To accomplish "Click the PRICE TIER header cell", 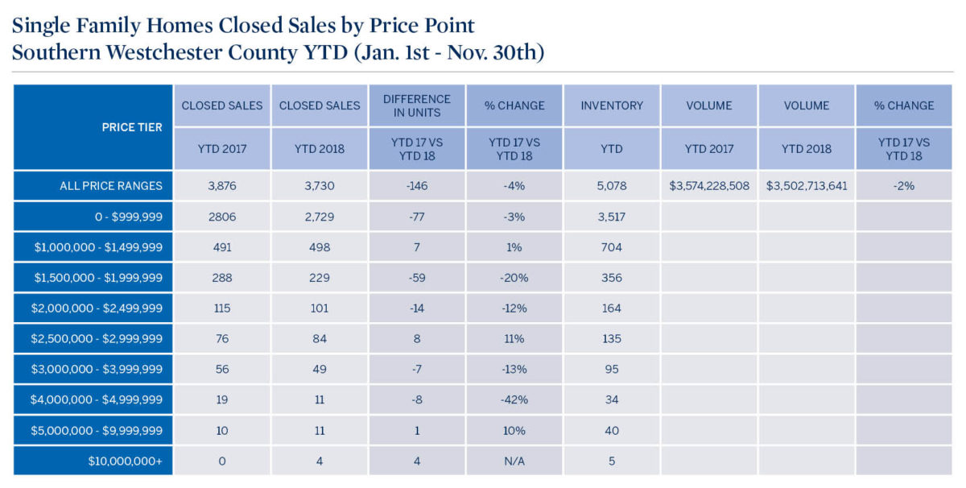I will click(132, 127).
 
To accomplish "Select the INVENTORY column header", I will click(612, 105).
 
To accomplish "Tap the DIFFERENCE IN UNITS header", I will click(417, 105).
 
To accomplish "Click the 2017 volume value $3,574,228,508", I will click(709, 186).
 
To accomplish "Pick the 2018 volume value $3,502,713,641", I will click(807, 186).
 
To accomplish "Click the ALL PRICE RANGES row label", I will click(111, 186).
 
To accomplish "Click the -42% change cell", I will click(514, 400).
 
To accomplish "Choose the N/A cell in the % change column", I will click(514, 461).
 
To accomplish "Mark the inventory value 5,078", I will click(612, 186).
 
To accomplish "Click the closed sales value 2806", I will click(222, 217).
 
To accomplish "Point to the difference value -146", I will click(417, 186).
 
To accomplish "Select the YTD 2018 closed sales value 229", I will click(320, 278).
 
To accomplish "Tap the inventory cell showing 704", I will click(612, 247).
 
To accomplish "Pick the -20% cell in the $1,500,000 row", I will click(514, 278).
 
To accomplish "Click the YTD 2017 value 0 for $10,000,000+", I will click(222, 461).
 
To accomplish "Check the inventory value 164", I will click(612, 308).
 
